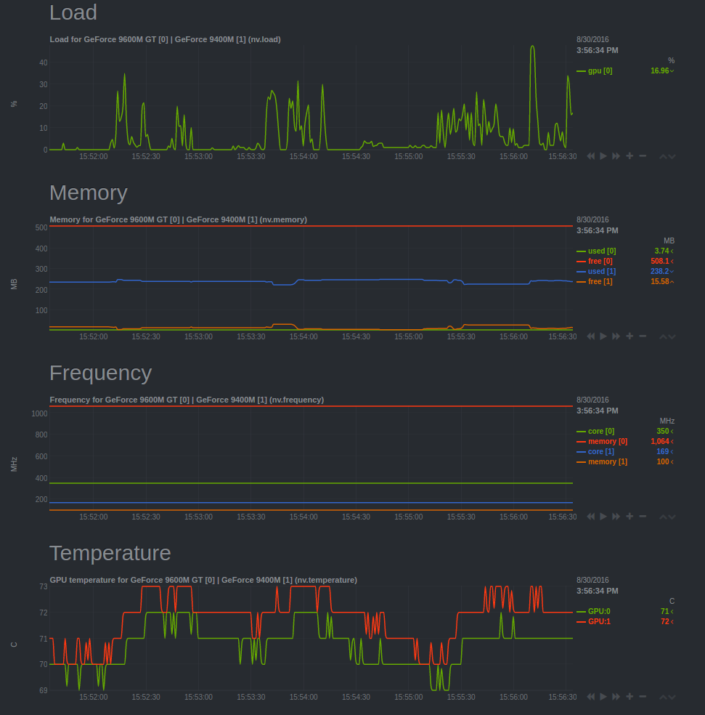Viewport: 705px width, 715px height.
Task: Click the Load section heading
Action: [x=73, y=12]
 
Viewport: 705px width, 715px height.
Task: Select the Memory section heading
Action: [x=89, y=193]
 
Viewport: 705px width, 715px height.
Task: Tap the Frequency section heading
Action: [x=100, y=373]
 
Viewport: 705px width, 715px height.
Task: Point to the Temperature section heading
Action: [x=110, y=553]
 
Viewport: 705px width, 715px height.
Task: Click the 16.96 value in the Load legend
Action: [x=659, y=71]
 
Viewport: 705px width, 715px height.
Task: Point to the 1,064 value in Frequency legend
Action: [x=659, y=442]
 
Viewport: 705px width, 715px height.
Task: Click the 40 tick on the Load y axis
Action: [x=44, y=62]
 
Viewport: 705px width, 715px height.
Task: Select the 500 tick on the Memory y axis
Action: [x=41, y=227]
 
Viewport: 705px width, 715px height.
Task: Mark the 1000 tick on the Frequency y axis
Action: [x=40, y=413]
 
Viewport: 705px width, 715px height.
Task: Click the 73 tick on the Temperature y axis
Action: [x=44, y=586]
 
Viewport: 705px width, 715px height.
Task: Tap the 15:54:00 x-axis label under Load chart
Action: [x=303, y=156]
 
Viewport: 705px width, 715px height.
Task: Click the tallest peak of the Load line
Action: [x=532, y=47]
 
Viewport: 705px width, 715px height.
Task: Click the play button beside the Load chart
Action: [x=603, y=155]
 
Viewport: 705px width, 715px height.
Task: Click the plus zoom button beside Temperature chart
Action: [x=629, y=696]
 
